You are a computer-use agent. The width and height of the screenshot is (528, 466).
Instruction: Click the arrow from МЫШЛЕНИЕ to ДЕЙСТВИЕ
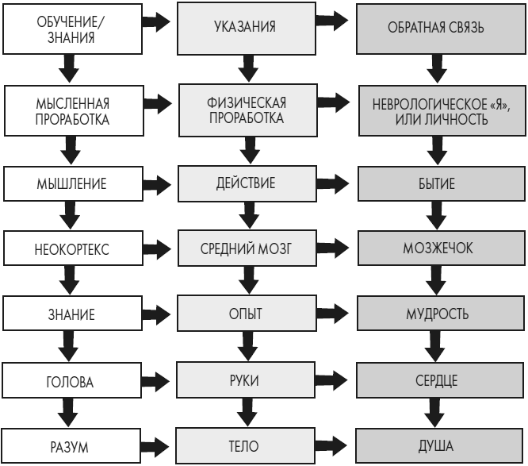159,184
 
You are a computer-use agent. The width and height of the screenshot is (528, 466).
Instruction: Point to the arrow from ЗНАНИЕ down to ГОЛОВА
71,348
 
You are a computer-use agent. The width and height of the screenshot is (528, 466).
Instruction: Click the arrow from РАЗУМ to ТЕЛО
159,447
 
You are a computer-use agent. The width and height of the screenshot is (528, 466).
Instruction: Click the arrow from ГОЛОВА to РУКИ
159,380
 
